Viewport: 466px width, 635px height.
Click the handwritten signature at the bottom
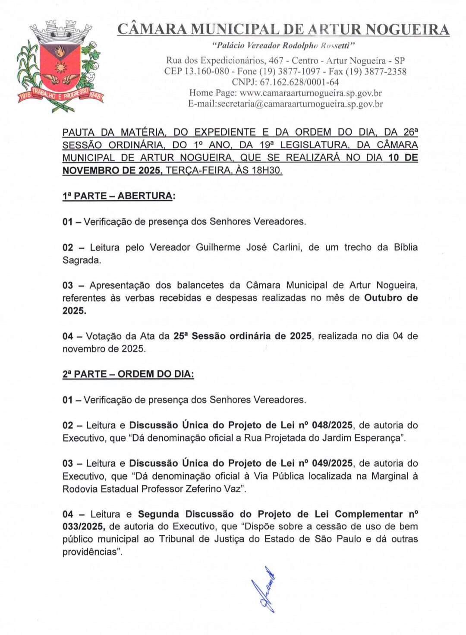tap(265, 589)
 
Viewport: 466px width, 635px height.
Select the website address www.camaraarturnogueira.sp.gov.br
tap(311, 93)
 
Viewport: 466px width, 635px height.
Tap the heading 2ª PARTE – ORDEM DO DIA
tap(128, 374)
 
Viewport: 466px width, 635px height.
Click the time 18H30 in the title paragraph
tap(266, 171)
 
